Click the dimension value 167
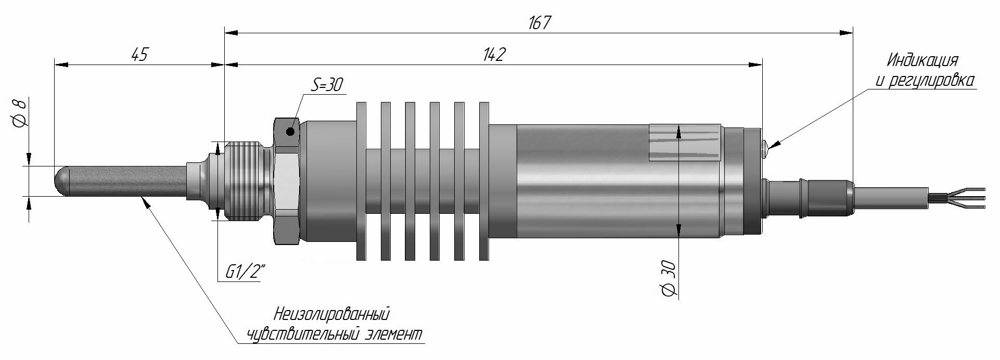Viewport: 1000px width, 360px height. tap(539, 23)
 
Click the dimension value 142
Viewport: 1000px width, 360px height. tap(494, 55)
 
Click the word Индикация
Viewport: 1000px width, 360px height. tap(922, 60)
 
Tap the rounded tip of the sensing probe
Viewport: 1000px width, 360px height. tap(61, 181)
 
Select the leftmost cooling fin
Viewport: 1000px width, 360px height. tap(361, 181)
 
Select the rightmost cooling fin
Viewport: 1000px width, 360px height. tap(484, 181)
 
